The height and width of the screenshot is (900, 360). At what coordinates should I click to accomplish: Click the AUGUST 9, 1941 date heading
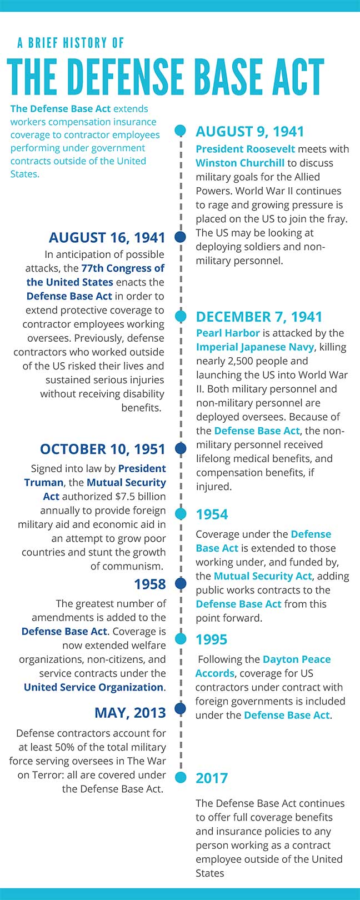pos(250,132)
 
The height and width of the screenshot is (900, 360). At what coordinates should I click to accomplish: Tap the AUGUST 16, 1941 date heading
pos(107,238)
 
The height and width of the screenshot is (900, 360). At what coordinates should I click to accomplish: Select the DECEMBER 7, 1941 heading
pos(259,317)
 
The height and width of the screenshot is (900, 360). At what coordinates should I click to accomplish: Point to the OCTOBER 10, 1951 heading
pos(103,449)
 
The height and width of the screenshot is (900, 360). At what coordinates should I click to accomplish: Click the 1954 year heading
pos(212,514)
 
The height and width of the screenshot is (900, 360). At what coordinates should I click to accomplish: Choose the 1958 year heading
pos(150,584)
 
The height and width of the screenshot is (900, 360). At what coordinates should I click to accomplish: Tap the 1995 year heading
pos(212,639)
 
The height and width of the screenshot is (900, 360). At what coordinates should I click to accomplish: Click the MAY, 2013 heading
pos(130,713)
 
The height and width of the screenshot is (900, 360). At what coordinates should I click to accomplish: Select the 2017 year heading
pos(212,778)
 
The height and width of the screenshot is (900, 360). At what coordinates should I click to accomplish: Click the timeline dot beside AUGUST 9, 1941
pos(180,131)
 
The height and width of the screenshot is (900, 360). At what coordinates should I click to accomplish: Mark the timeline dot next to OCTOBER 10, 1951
pos(180,448)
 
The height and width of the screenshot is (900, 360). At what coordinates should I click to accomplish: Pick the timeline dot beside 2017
pos(180,777)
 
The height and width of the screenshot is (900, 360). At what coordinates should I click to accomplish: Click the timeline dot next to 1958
pos(180,583)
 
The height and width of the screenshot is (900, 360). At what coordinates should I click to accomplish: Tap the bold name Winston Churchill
pos(240,163)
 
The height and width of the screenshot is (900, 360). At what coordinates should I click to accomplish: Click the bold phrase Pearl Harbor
pos(228,333)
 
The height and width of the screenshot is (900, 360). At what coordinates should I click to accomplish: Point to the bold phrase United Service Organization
pos(94,687)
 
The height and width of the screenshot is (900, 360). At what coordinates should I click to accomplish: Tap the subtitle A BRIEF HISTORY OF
pos(71,43)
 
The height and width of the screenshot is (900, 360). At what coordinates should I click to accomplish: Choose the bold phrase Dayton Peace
pos(297,659)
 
